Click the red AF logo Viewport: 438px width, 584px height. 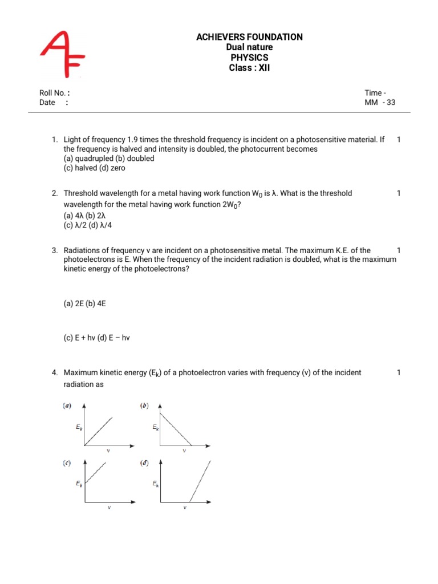pyautogui.click(x=62, y=54)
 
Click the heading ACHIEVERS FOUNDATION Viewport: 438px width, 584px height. pyautogui.click(x=249, y=37)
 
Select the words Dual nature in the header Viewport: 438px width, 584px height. pyautogui.click(x=249, y=47)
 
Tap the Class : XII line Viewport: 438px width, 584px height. pyautogui.click(x=249, y=68)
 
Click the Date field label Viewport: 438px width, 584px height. pyautogui.click(x=48, y=103)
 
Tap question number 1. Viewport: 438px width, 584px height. pyautogui.click(x=55, y=140)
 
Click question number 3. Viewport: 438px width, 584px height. pyautogui.click(x=55, y=250)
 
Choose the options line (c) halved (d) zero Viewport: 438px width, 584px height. pyautogui.click(x=94, y=168)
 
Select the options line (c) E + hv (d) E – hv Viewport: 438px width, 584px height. pyautogui.click(x=97, y=338)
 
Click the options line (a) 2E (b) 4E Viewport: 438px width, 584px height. pyautogui.click(x=85, y=305)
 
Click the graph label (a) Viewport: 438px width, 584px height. pyautogui.click(x=67, y=406)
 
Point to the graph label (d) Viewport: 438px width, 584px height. pyautogui.click(x=144, y=463)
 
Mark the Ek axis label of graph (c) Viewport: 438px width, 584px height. pyautogui.click(x=79, y=484)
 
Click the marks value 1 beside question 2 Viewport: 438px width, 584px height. pyautogui.click(x=399, y=193)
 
